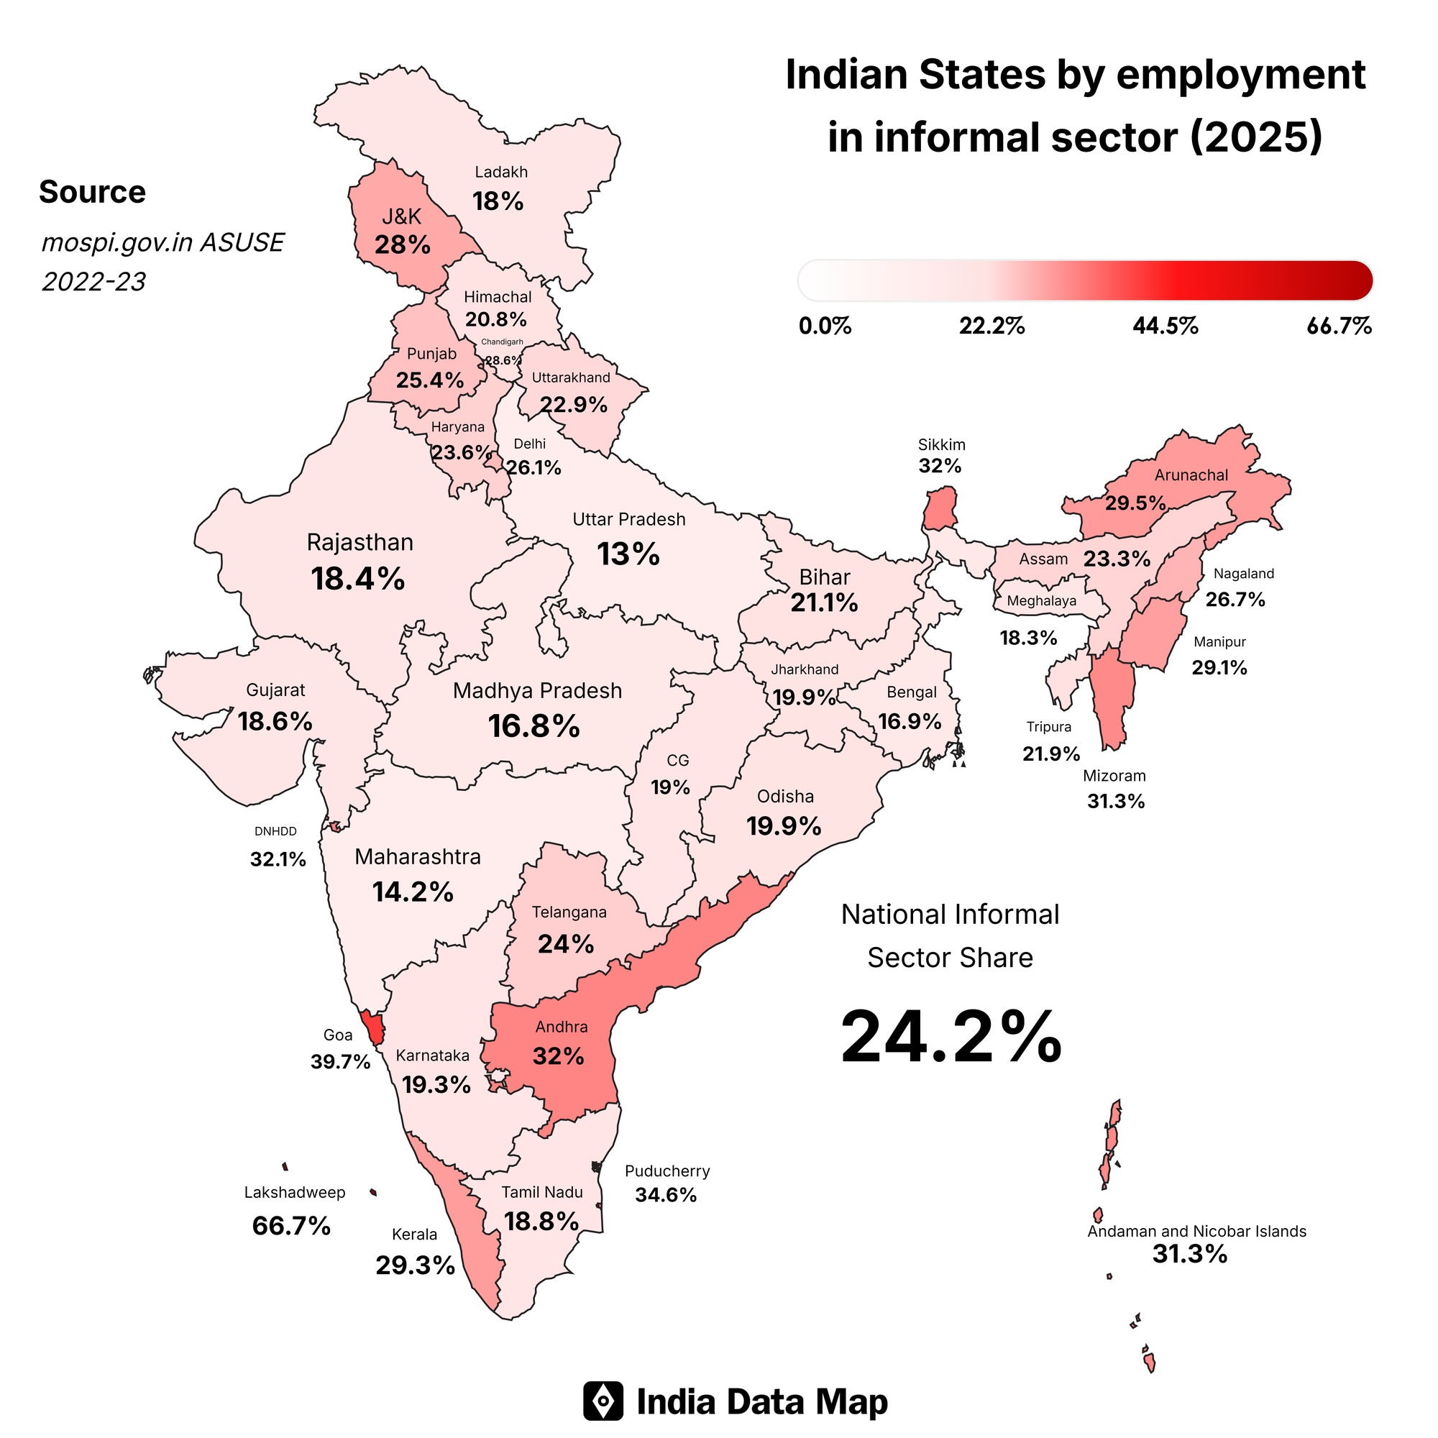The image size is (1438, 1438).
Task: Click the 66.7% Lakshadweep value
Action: (x=291, y=1225)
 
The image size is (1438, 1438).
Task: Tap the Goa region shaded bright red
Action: (x=373, y=1027)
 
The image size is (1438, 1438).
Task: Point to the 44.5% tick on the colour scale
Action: (x=1165, y=326)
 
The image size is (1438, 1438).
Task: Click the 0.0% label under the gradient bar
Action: (x=825, y=326)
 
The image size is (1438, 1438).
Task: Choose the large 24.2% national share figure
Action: (x=951, y=1037)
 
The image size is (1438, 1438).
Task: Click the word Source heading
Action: (x=92, y=192)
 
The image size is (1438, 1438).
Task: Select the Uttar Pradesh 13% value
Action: (x=628, y=554)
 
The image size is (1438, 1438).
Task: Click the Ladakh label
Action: (x=501, y=172)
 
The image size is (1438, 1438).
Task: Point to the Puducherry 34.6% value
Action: (x=665, y=1194)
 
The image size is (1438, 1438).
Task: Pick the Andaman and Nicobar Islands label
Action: (x=1196, y=1231)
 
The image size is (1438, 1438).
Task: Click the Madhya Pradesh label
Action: (x=536, y=691)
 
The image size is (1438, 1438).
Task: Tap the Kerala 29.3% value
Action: (x=415, y=1265)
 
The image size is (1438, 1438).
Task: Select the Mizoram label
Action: (x=1114, y=776)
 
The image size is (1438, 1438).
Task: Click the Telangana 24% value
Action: (x=566, y=944)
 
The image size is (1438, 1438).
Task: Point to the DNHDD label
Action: (x=275, y=831)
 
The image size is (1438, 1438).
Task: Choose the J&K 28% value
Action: (x=402, y=244)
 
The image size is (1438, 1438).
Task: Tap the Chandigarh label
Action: (x=502, y=342)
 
